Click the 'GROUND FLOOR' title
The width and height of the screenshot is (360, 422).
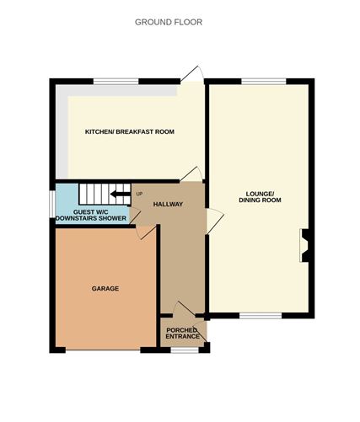(x=169, y=22)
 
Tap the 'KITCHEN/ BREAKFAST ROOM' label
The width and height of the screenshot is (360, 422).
(x=129, y=132)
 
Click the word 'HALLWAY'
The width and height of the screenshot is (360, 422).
(x=168, y=204)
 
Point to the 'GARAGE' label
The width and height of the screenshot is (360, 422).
(x=105, y=289)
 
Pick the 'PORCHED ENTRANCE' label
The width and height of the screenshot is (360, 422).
(x=182, y=334)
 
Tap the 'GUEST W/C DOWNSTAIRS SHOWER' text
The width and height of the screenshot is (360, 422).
(x=91, y=216)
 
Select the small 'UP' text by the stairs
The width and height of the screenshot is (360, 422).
(x=139, y=195)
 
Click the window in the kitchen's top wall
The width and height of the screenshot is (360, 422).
(x=116, y=81)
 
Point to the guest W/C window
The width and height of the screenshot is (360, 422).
(x=52, y=203)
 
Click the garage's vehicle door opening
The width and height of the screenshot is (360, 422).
(x=106, y=350)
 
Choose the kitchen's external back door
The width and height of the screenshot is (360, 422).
(x=193, y=75)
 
